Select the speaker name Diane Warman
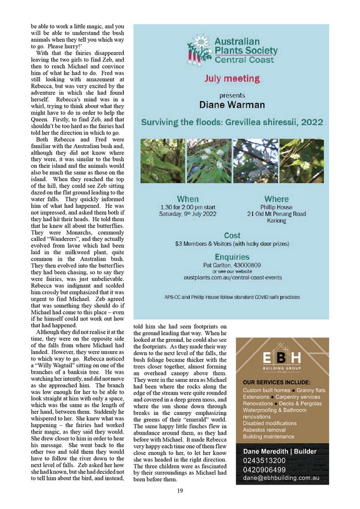pos(232,105)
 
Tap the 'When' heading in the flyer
pos(188,199)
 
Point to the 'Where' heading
pos(276,199)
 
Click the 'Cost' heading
pos(232,236)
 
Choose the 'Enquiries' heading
pos(232,257)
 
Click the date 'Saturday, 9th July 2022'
pos(188,214)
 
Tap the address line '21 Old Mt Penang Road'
pos(276,214)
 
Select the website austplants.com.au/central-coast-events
pos(232,278)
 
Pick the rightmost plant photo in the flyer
pos(301,160)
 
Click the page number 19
pos(180,490)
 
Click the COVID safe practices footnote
pos(232,297)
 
